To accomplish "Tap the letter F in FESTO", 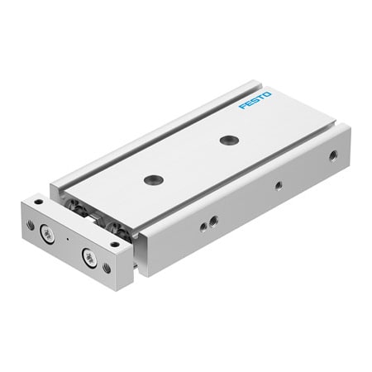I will [x=242, y=106].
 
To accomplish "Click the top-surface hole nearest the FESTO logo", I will [x=228, y=140].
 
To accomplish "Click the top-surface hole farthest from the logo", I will [x=152, y=179].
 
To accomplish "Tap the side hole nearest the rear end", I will [x=332, y=155].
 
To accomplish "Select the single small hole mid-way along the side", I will [x=278, y=185].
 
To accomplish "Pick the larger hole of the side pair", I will [x=213, y=220].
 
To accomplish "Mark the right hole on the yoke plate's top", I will [x=113, y=242].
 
